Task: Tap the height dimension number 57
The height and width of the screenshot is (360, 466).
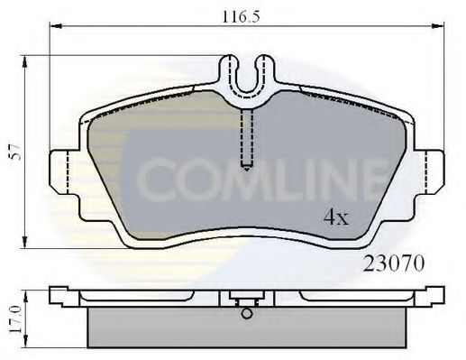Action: tap(13, 154)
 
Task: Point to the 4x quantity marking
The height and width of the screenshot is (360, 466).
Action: tap(337, 217)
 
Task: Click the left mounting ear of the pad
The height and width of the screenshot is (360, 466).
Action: tap(61, 171)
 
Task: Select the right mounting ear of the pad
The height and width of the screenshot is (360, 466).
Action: tap(430, 171)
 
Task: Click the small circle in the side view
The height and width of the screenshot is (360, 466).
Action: tap(245, 314)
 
